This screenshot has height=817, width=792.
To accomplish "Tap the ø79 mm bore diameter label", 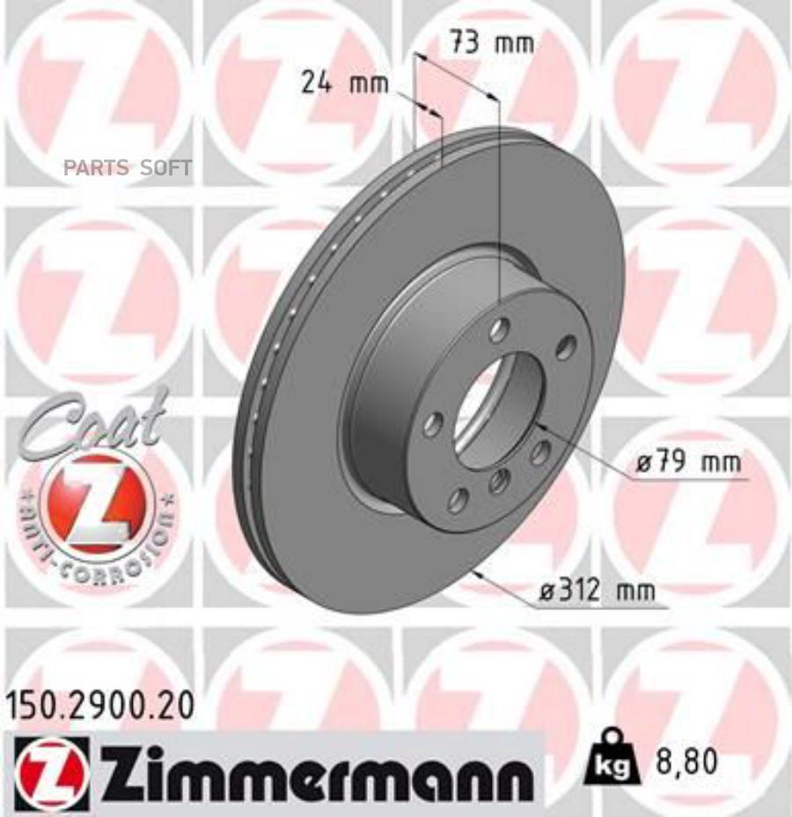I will (687, 462).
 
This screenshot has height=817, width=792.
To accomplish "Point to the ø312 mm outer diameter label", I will (597, 593).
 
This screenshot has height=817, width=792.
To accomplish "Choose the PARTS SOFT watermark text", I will (127, 168).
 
